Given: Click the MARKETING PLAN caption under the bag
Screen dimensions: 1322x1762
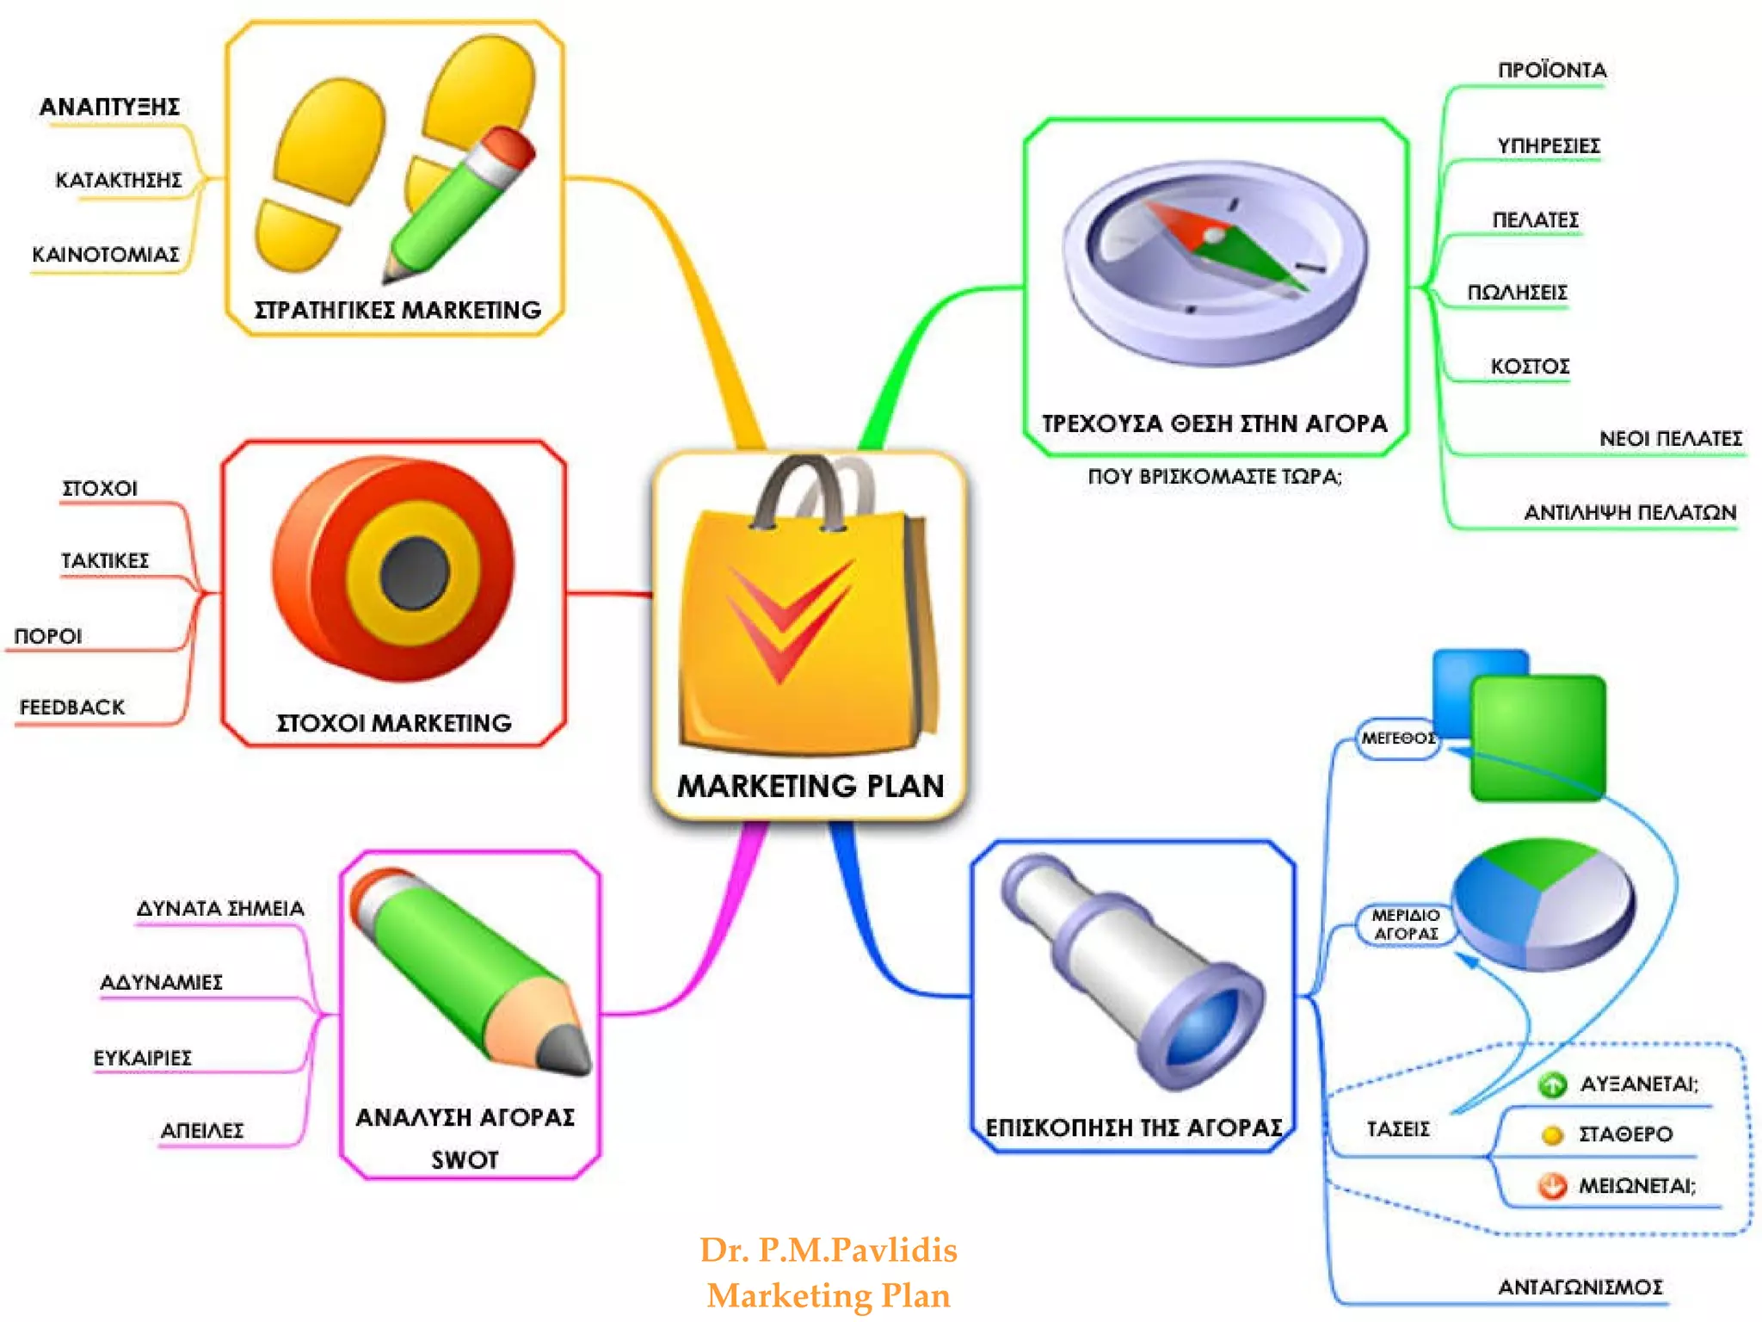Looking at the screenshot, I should pos(810,785).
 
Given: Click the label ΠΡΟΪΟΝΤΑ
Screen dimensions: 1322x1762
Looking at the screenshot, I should pos(1551,71).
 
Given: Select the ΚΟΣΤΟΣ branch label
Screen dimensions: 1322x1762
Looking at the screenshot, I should pos(1530,367).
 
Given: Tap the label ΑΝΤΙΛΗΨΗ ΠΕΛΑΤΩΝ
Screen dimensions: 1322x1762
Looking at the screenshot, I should pos(1630,513).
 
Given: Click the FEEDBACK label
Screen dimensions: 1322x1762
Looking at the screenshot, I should pos(72,707).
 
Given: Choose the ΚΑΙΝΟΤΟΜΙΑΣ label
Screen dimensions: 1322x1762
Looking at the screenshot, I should pos(106,255).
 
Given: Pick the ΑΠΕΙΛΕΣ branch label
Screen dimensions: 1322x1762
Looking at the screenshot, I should pos(202,1131).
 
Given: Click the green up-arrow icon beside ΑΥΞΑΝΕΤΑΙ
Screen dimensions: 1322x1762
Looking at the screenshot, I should pos(1552,1084).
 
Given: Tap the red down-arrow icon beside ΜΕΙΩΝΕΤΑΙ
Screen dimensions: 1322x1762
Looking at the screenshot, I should pos(1552,1186).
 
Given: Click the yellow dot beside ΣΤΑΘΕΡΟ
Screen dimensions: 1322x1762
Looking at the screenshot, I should pos(1552,1135).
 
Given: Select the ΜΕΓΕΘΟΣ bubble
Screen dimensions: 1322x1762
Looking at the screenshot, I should pos(1398,738).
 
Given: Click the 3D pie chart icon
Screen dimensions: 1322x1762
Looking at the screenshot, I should pos(1543,904).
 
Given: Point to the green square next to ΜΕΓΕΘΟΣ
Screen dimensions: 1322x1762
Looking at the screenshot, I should pos(1538,738).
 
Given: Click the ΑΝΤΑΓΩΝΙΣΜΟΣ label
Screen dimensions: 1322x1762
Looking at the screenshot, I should pos(1580,1288).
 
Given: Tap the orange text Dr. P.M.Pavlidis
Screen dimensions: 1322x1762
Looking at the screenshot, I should pos(828,1250).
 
